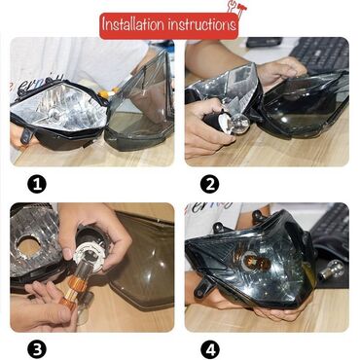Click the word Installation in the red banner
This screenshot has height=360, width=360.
(133, 24)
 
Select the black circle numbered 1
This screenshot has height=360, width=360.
(37, 184)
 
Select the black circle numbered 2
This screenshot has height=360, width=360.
(210, 184)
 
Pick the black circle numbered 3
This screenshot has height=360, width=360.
(37, 350)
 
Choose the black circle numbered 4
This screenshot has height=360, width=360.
(210, 350)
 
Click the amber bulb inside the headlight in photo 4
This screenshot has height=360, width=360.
(259, 262)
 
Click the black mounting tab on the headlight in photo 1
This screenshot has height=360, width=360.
(27, 135)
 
